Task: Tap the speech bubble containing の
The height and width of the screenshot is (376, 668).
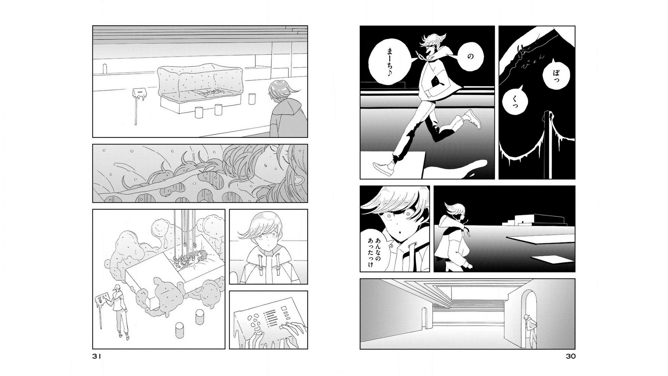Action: [x=470, y=56]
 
